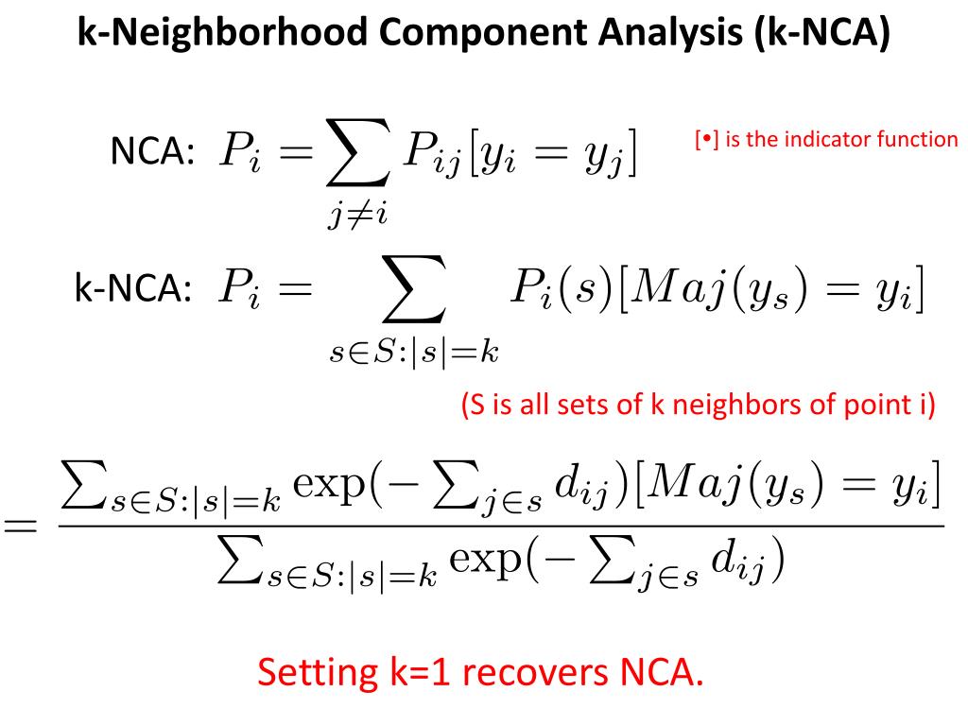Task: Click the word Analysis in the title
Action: click(x=669, y=34)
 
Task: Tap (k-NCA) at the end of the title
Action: click(x=822, y=34)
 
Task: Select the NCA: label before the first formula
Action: click(x=153, y=152)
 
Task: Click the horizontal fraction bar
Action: click(x=501, y=527)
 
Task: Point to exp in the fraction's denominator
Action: click(x=484, y=565)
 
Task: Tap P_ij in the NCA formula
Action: click(x=432, y=154)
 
